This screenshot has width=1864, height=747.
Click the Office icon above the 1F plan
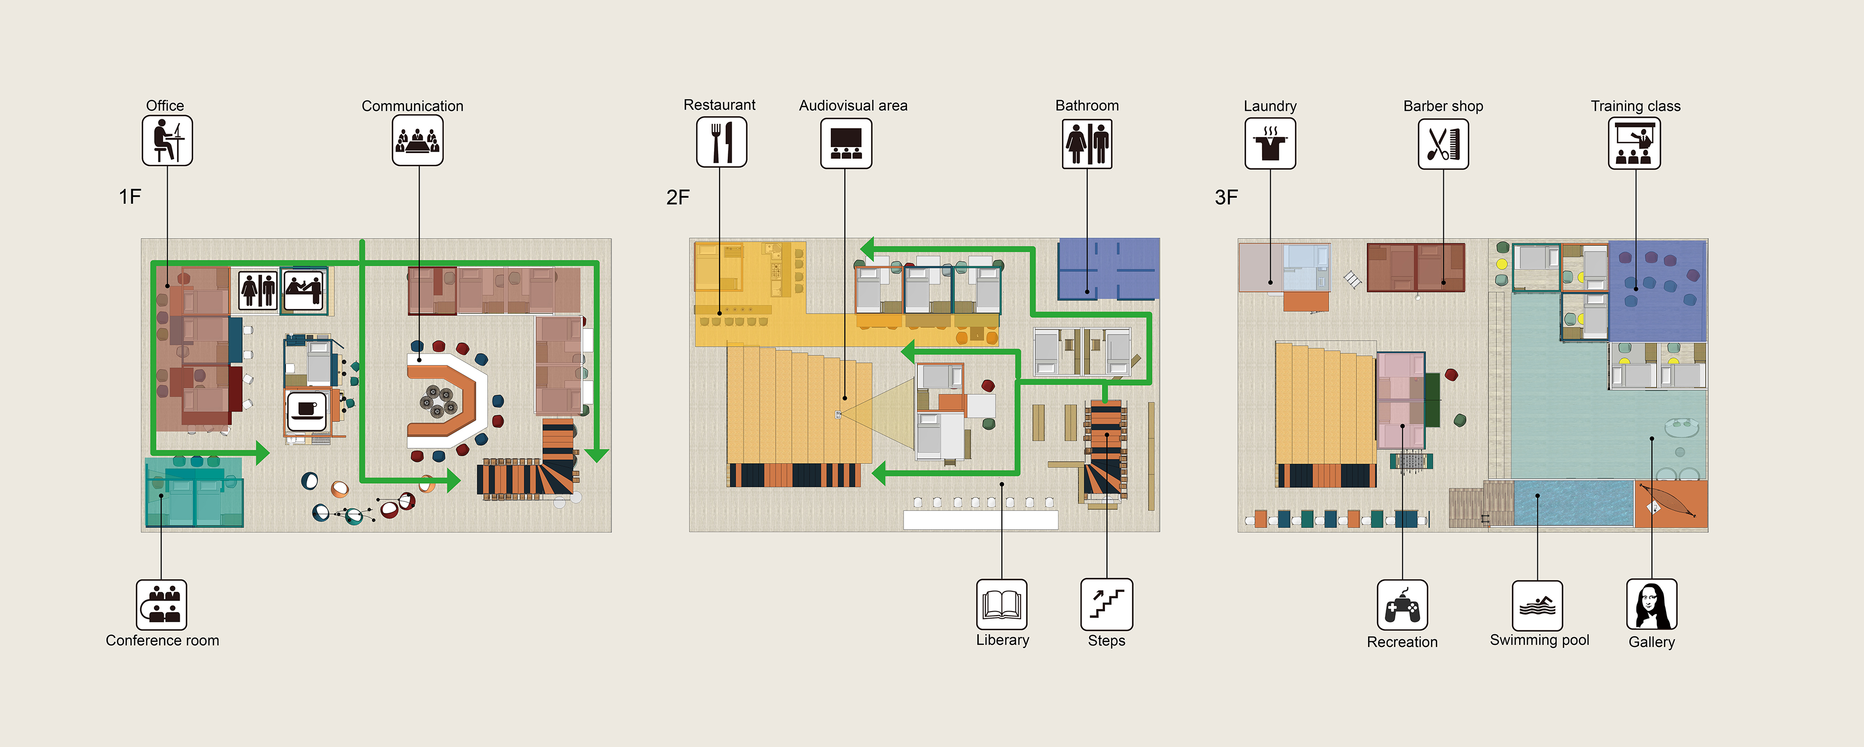[167, 141]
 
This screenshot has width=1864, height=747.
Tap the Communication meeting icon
[418, 141]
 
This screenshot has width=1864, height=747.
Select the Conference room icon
[162, 605]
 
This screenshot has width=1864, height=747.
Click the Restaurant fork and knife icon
[722, 142]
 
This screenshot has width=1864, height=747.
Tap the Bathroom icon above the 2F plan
[1087, 144]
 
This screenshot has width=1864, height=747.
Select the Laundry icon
[1270, 144]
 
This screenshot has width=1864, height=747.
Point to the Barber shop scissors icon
[1443, 144]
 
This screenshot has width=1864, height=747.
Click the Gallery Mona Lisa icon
[1651, 604]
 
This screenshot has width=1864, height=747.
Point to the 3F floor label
[1227, 197]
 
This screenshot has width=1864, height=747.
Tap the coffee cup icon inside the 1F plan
[307, 410]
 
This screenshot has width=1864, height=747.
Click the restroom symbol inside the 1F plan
[258, 290]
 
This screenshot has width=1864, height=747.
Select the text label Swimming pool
[1539, 640]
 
